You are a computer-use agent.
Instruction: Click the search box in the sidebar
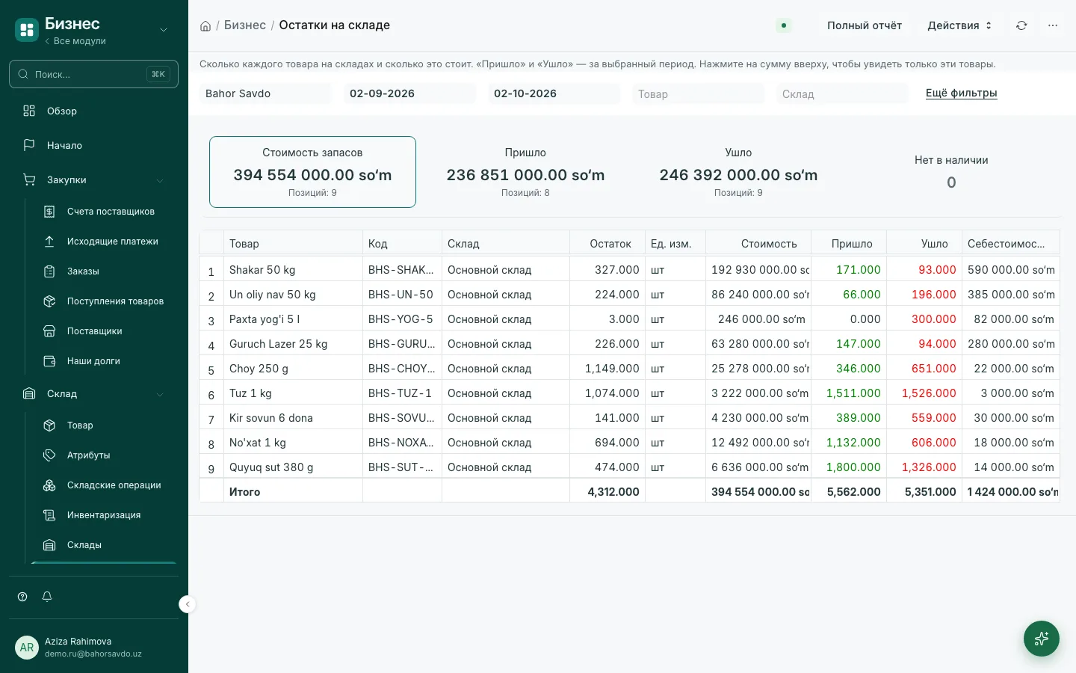93,74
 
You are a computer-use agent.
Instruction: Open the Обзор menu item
61,111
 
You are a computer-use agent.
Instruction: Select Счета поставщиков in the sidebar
111,212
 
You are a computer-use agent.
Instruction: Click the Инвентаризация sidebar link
104,514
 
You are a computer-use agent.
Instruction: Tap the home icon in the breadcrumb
205,26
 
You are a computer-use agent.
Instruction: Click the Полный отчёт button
864,25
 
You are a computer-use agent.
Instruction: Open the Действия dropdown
959,25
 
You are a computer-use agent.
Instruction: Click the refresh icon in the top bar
1021,25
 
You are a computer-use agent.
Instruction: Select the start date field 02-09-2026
409,93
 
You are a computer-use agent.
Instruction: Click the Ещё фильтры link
961,93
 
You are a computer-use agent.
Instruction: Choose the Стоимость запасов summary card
312,172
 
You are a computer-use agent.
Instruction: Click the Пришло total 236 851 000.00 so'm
525,175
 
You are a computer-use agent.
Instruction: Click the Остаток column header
610,244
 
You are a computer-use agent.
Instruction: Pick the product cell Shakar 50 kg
262,270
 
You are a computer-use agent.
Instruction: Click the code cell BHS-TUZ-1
400,393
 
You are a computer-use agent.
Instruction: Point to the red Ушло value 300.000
934,319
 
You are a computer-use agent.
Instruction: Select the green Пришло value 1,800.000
853,467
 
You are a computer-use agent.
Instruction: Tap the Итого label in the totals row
244,492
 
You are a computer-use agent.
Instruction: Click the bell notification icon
47,597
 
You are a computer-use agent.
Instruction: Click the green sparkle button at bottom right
1042,639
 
